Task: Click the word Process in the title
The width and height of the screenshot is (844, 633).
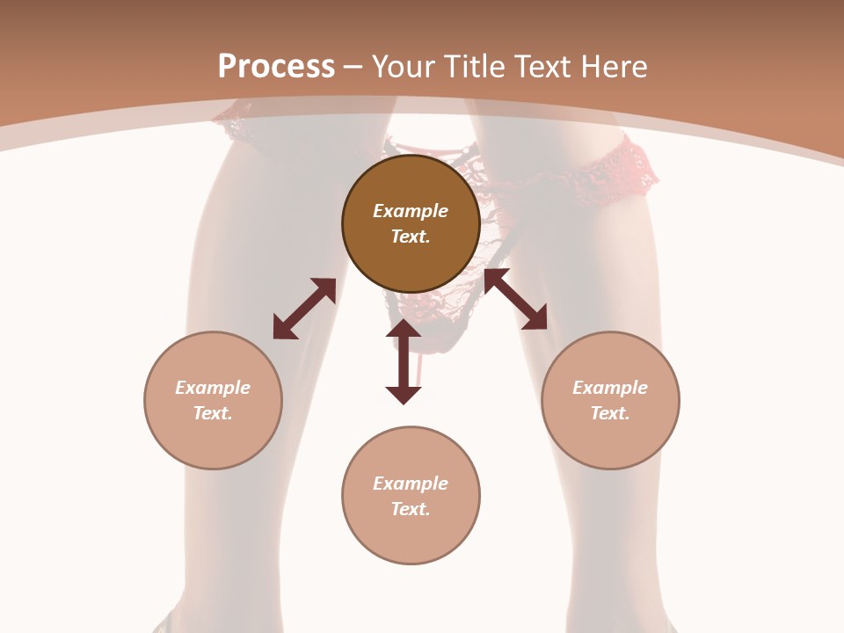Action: coord(276,67)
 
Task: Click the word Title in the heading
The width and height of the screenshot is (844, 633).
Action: coord(474,67)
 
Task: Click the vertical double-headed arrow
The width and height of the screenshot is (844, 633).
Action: coord(404,361)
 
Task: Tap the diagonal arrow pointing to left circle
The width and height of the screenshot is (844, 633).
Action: coord(305,309)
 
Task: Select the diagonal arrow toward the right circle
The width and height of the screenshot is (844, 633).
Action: coord(515,299)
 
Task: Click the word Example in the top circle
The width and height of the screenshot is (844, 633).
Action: coord(411,211)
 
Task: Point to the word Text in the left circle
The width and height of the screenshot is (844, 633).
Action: coord(213,413)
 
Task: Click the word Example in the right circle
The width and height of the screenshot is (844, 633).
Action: coord(610,388)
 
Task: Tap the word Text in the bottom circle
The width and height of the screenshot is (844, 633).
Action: coord(411,509)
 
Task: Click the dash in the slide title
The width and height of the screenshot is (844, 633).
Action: coord(353,67)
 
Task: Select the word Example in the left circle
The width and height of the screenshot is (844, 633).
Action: coord(213,388)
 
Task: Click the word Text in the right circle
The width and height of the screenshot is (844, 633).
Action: coord(610,413)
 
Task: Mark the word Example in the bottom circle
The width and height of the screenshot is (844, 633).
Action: coord(411,484)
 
